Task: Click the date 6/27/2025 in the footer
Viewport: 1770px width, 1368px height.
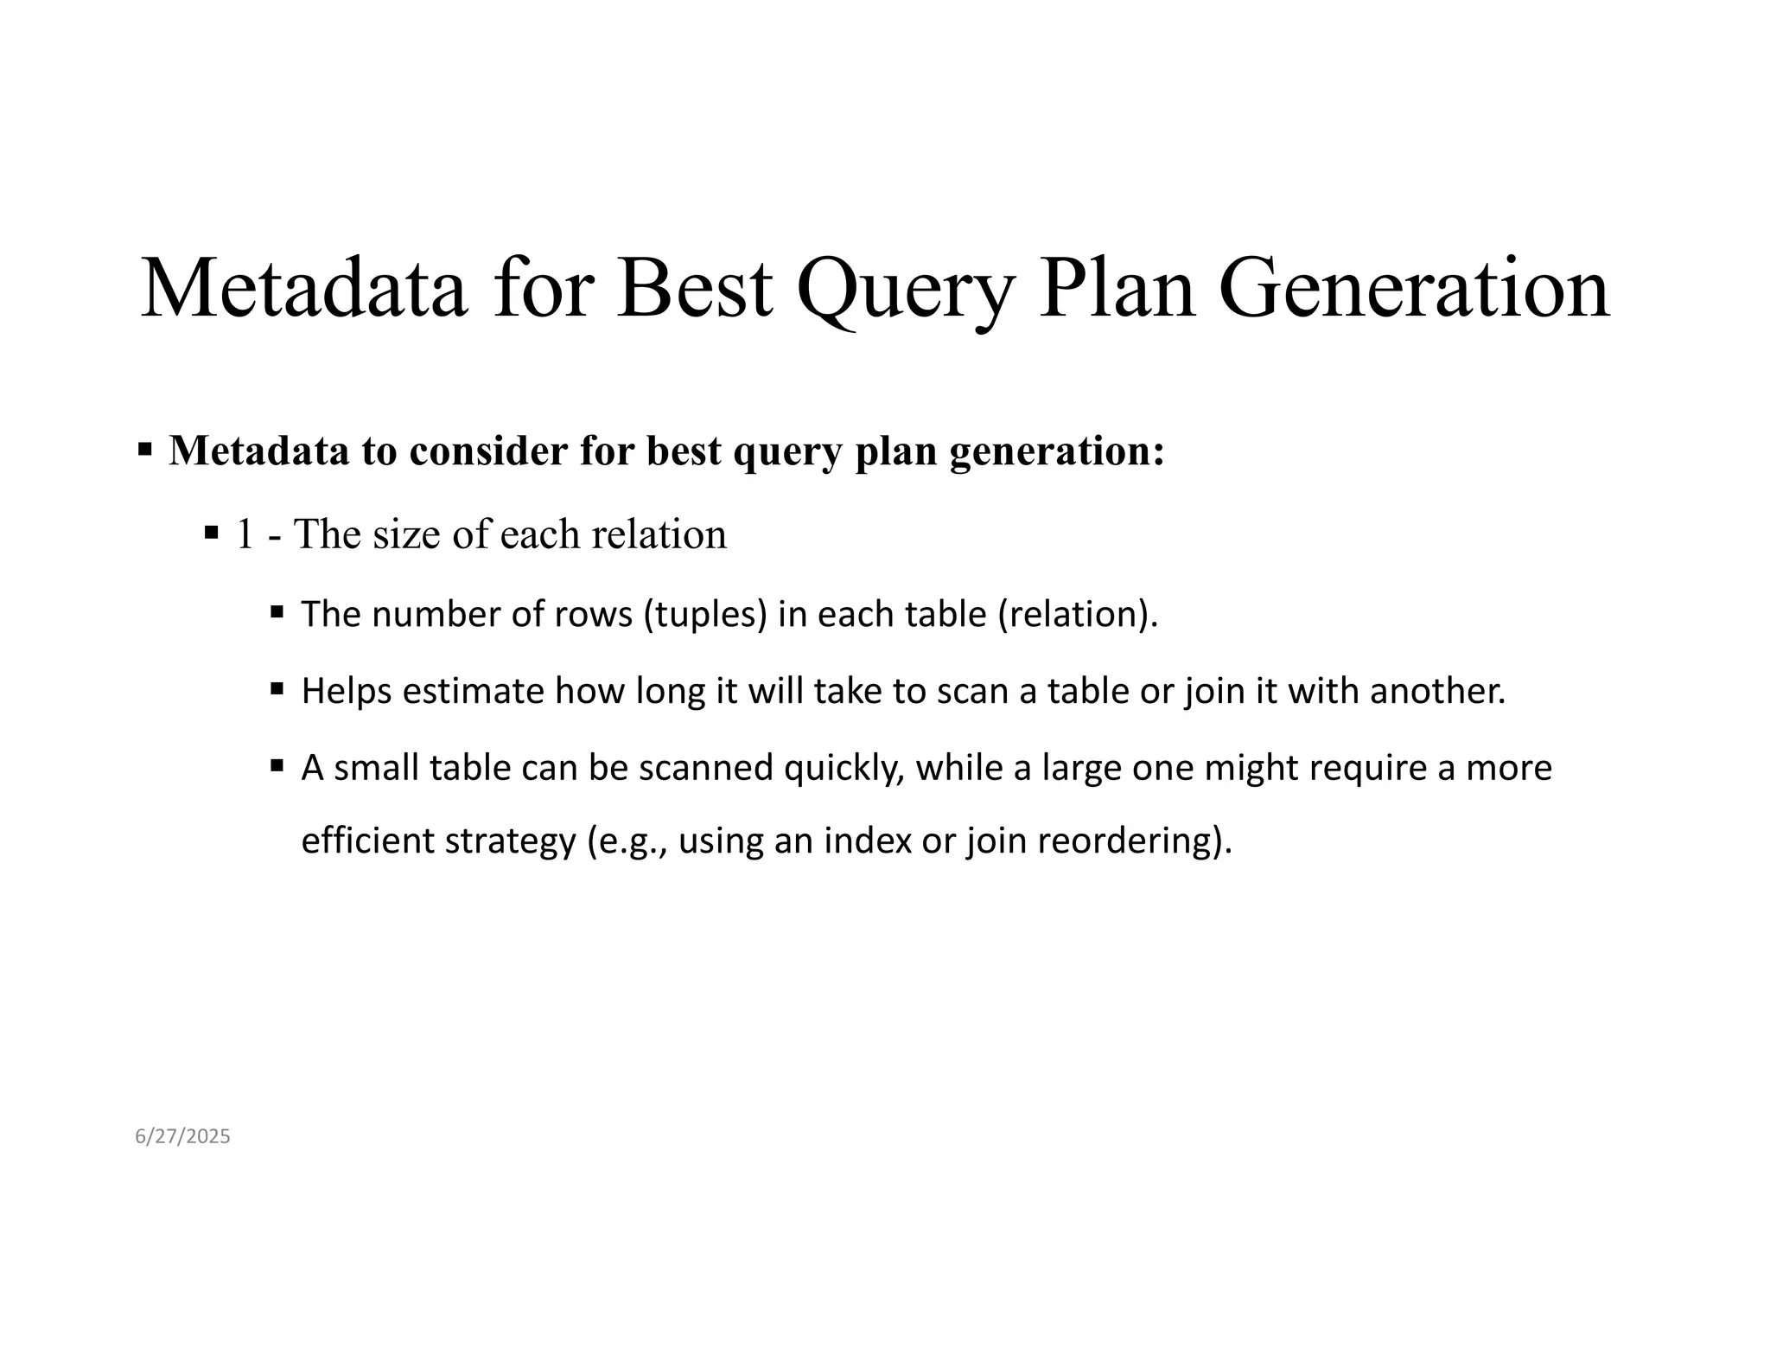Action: click(x=182, y=1136)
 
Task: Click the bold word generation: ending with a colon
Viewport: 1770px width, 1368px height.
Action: click(x=1057, y=451)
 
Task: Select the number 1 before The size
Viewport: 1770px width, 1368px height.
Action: click(x=245, y=534)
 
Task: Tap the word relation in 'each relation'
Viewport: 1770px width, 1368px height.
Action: click(x=659, y=534)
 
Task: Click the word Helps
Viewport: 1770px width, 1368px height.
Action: click(x=346, y=691)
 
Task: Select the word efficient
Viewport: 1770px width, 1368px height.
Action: click(x=367, y=840)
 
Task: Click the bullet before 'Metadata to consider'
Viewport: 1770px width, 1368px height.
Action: click(x=145, y=450)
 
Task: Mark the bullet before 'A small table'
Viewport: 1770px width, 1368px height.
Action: click(x=277, y=765)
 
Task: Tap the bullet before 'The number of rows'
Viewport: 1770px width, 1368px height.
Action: click(x=277, y=612)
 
